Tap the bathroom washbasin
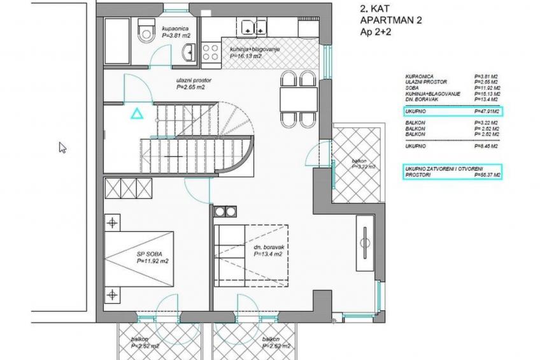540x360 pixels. [188, 53]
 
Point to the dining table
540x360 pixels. [299, 98]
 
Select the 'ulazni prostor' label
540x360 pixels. [194, 81]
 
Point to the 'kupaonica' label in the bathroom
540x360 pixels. [174, 29]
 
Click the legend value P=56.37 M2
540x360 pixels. [488, 174]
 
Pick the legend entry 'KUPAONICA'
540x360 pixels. [418, 76]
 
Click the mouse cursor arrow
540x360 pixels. [62, 147]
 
